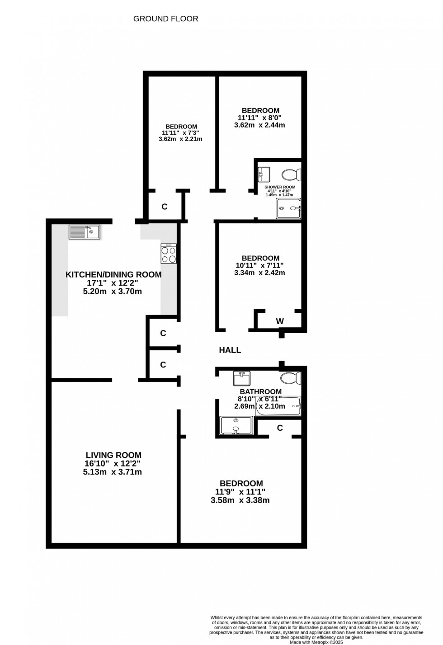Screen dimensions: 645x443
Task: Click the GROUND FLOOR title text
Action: click(166, 19)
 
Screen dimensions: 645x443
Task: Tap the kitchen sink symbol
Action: click(85, 232)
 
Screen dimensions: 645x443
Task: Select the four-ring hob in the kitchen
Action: click(169, 254)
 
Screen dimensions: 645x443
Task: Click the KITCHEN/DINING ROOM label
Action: click(113, 274)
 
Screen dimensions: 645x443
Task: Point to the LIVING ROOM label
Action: click(113, 455)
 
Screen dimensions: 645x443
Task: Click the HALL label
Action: click(230, 350)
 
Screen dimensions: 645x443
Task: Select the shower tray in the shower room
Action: click(288, 208)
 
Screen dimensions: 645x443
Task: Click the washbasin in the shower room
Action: click(264, 173)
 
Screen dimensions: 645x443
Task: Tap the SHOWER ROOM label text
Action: click(280, 187)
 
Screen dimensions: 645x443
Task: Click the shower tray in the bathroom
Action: click(236, 425)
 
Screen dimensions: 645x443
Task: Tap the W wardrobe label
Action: click(280, 321)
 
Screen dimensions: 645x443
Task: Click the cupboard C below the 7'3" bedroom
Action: click(165, 207)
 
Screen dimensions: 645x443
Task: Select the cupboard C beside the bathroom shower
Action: click(280, 428)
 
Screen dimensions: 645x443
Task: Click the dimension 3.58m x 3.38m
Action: click(240, 500)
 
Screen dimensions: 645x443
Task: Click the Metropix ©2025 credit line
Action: click(316, 641)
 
